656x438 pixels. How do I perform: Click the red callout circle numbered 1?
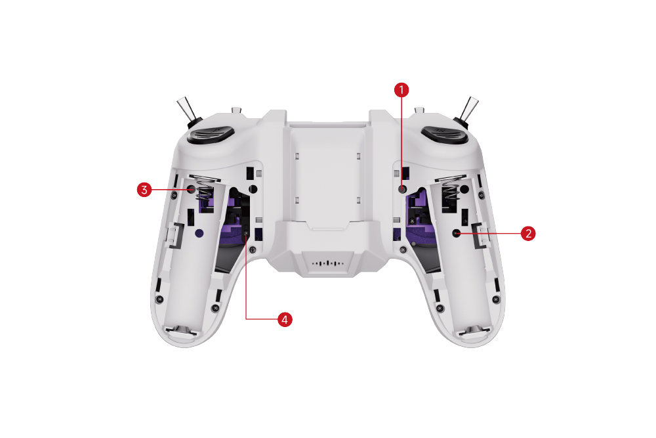click(401, 89)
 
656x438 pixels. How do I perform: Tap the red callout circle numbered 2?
click(528, 233)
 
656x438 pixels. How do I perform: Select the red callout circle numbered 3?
click(144, 190)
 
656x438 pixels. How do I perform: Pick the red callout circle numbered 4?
click(285, 320)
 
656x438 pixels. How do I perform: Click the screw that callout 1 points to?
click(402, 189)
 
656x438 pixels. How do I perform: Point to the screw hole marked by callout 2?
click(457, 233)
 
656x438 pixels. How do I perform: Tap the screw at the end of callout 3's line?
click(191, 189)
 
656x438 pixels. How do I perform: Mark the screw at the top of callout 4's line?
click(246, 233)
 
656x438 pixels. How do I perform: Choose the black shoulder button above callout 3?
click(211, 135)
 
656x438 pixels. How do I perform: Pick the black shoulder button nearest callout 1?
click(444, 135)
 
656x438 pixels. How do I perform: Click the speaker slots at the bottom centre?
click(329, 263)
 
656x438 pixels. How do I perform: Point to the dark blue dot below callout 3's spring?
click(199, 233)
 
